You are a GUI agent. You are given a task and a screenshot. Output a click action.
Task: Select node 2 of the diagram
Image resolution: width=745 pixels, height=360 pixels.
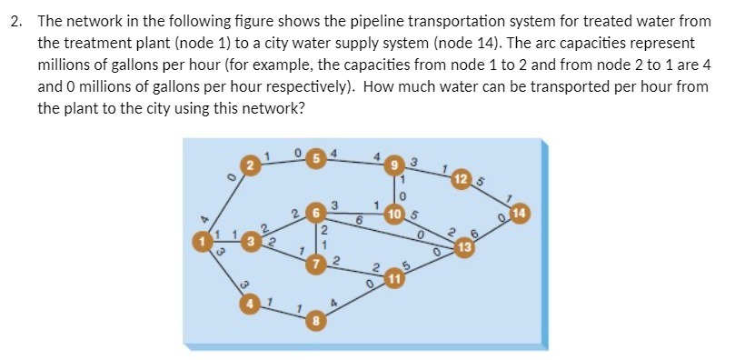coord(255,165)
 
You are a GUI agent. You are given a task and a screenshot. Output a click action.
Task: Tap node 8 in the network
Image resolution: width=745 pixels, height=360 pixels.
coord(314,321)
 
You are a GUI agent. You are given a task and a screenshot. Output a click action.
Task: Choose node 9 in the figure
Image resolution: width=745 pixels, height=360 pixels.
coord(395,165)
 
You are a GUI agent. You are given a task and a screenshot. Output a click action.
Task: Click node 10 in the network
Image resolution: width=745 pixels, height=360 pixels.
coord(395,215)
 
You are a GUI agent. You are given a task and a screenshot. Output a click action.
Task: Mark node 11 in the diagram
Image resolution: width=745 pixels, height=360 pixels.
coord(395,276)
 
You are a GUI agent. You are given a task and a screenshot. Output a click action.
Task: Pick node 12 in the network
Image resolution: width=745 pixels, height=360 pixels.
coord(463,177)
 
